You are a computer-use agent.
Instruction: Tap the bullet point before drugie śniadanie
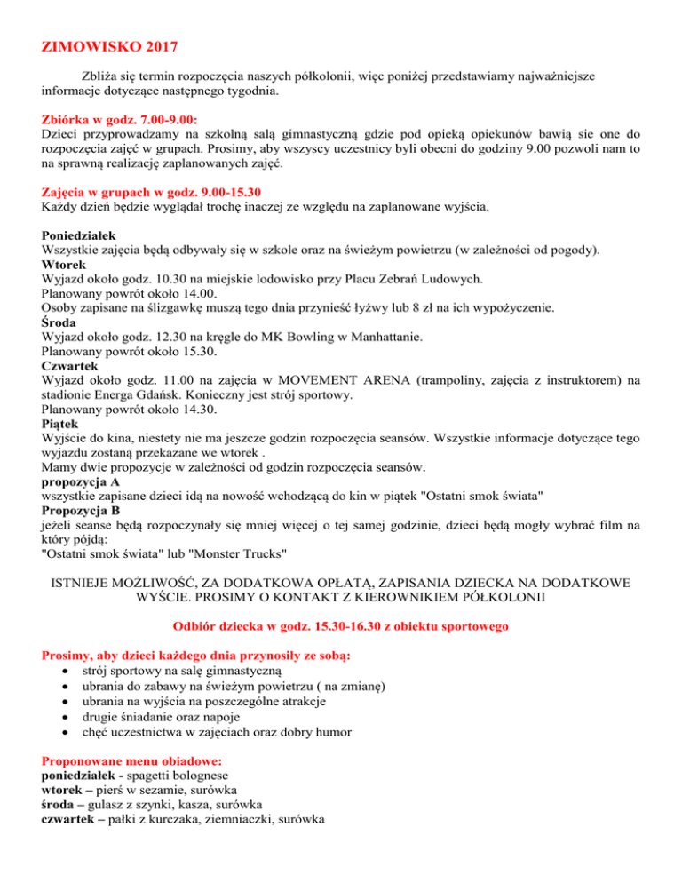pyautogui.click(x=69, y=716)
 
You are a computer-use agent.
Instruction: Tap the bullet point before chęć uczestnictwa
pyautogui.click(x=69, y=731)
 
